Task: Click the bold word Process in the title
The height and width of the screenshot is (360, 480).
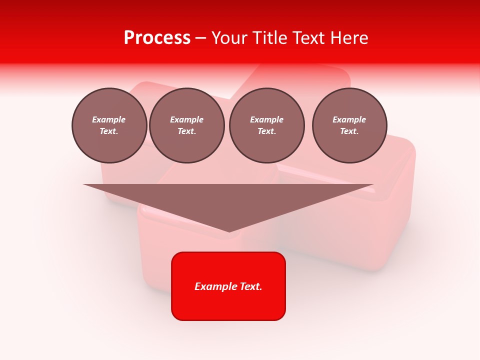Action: [x=157, y=38]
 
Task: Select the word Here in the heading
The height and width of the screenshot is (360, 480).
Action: [x=349, y=38]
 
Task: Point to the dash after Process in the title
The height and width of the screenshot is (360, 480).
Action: [x=201, y=38]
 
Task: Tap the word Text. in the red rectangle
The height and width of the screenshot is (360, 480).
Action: [x=251, y=286]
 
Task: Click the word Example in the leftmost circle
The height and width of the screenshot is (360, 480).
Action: [x=109, y=119]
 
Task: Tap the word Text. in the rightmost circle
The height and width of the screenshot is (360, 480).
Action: [x=349, y=131]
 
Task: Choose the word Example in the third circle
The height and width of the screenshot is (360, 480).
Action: [x=267, y=119]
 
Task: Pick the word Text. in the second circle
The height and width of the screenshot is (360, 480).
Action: [x=187, y=131]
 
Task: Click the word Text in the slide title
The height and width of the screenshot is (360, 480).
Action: [x=309, y=38]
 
